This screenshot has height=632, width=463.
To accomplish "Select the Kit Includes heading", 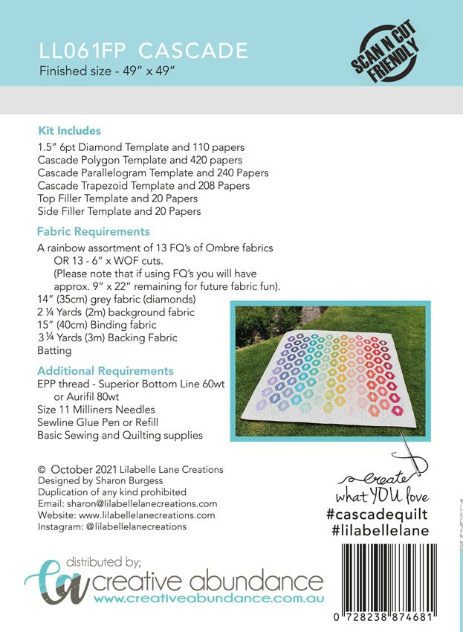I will [x=69, y=131].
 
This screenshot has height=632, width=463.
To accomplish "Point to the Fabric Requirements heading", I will [x=93, y=231].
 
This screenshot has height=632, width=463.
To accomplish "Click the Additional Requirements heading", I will [x=105, y=370].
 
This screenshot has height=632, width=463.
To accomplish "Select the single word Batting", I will [x=55, y=351].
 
